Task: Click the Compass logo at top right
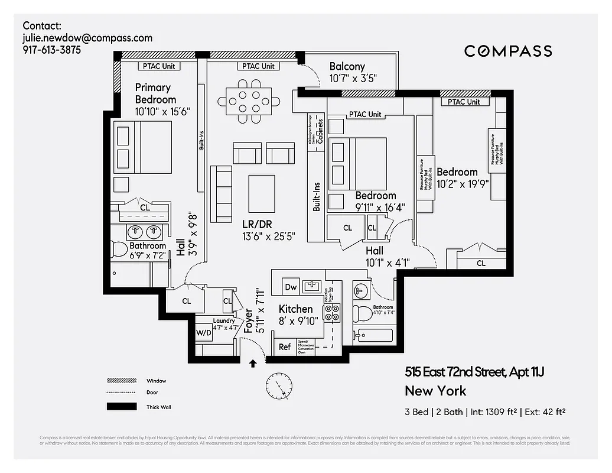[x=508, y=51]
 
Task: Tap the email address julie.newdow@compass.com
[x=87, y=38]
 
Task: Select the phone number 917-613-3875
[x=52, y=50]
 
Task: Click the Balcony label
[x=347, y=67]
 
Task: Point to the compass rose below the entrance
[x=278, y=386]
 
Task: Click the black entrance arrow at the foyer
[x=253, y=364]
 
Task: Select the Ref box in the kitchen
[x=285, y=346]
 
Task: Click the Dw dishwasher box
[x=291, y=286]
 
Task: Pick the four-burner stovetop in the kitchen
[x=333, y=312]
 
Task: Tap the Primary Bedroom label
[x=155, y=93]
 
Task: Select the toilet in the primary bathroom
[x=121, y=250]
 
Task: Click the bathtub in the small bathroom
[x=373, y=336]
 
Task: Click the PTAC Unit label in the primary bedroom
[x=155, y=66]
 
